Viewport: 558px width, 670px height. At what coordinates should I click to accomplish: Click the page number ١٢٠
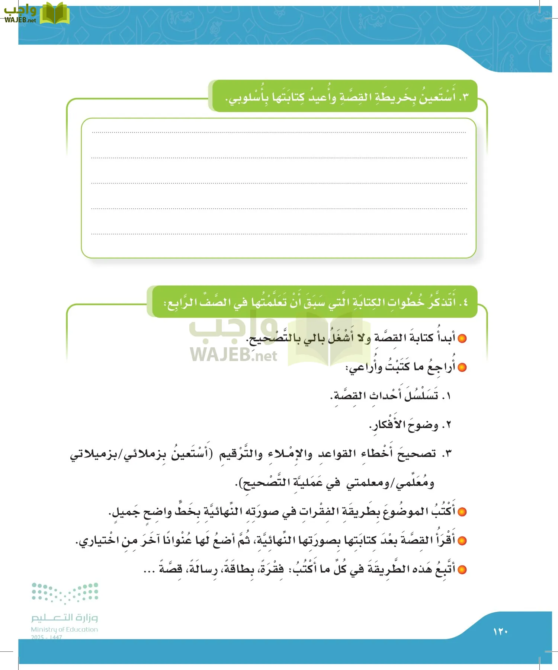pos(500,632)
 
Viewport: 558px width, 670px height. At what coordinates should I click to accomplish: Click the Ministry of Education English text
pos(64,629)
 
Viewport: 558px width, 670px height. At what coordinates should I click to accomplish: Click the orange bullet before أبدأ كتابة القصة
pos(462,338)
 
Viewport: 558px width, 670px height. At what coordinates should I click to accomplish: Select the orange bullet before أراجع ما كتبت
pos(462,367)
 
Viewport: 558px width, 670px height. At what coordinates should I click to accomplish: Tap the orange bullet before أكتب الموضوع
pos(462,512)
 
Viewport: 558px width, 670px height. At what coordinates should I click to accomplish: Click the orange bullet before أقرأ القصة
pos(462,540)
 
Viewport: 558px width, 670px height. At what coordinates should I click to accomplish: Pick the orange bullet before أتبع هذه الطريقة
pos(462,569)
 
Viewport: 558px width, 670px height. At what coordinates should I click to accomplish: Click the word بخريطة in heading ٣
pos(397,98)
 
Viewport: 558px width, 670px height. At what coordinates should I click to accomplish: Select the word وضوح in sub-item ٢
pos(423,425)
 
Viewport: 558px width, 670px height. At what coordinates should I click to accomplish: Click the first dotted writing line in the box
pos(279,132)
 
